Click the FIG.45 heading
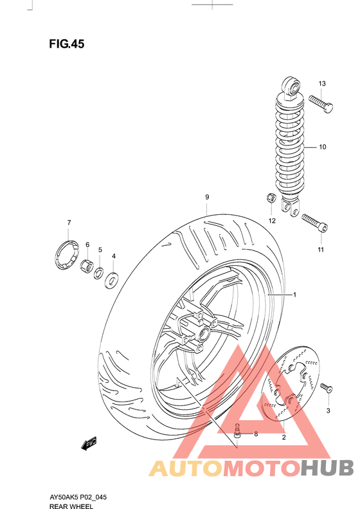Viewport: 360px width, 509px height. tap(67, 44)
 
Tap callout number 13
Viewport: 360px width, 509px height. tap(322, 84)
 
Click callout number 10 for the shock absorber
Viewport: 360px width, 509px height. tap(322, 147)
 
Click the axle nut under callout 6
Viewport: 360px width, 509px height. tap(87, 266)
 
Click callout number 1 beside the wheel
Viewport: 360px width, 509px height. tap(294, 295)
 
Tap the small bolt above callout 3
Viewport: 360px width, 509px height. tap(326, 387)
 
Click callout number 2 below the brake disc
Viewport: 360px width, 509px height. tap(282, 438)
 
